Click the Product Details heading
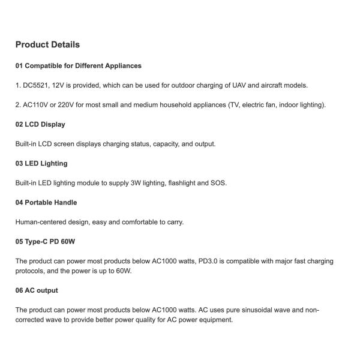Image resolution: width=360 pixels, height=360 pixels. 47,44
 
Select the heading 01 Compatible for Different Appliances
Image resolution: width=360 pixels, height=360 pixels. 78,65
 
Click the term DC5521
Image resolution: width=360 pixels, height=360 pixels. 36,85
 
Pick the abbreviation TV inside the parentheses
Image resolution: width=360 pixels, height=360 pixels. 235,105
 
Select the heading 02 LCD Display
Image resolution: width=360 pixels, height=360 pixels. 40,124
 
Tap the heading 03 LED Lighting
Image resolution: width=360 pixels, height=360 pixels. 41,163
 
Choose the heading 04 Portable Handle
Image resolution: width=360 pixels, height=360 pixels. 46,202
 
